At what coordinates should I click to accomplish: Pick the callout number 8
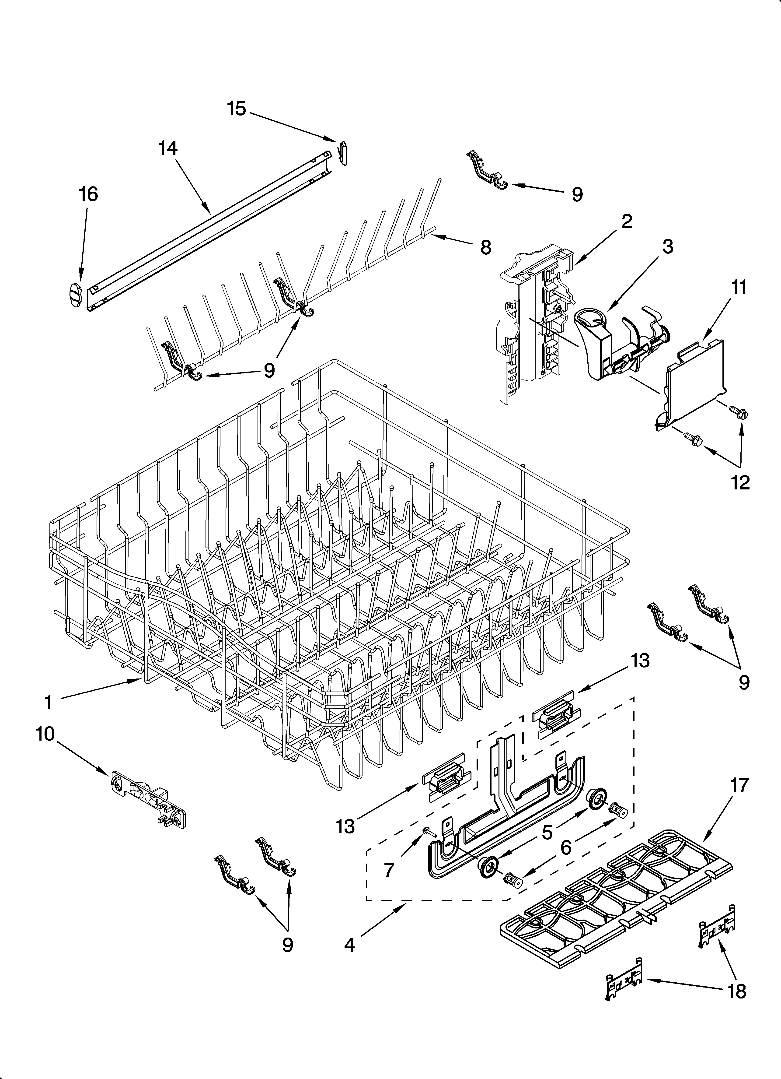coord(485,247)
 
